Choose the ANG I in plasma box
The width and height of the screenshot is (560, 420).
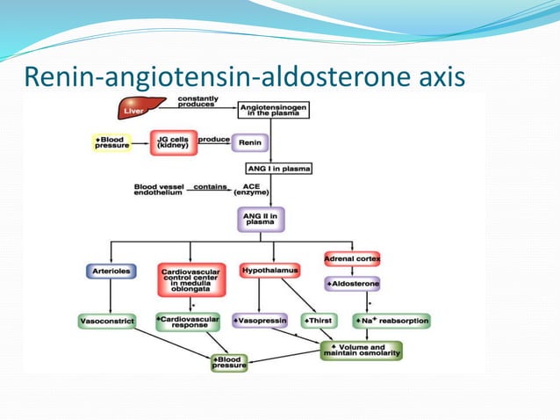[277, 168]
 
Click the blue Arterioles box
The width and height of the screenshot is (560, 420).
[111, 271]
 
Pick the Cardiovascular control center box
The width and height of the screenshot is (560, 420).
[190, 282]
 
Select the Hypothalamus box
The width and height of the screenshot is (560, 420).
[269, 270]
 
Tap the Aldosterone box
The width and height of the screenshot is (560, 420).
[352, 285]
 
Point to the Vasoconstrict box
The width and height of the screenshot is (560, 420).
[106, 322]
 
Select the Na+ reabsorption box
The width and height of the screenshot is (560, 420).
[392, 322]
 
